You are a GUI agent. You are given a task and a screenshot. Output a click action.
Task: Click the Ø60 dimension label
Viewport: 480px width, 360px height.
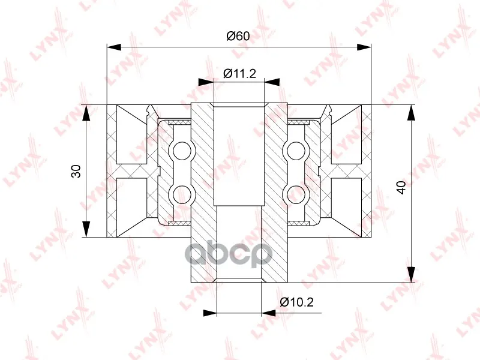click(238, 36)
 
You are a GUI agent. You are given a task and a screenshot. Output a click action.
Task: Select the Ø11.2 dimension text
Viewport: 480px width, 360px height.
click(239, 73)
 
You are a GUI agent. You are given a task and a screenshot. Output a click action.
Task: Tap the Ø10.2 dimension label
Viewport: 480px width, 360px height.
click(297, 302)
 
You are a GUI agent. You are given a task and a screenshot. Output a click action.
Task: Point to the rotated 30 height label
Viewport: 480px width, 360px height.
click(76, 171)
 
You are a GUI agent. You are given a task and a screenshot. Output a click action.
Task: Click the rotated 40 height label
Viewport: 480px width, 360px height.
click(401, 187)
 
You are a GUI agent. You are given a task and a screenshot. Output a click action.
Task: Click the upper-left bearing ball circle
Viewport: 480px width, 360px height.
click(182, 151)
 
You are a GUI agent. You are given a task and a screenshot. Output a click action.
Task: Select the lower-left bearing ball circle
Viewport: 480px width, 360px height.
click(182, 194)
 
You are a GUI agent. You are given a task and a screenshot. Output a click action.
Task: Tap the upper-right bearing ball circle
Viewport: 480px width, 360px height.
click(296, 151)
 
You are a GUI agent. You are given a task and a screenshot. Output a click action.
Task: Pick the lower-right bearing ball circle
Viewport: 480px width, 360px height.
click(296, 194)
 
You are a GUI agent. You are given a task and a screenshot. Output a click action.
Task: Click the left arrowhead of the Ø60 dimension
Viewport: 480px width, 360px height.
click(114, 47)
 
